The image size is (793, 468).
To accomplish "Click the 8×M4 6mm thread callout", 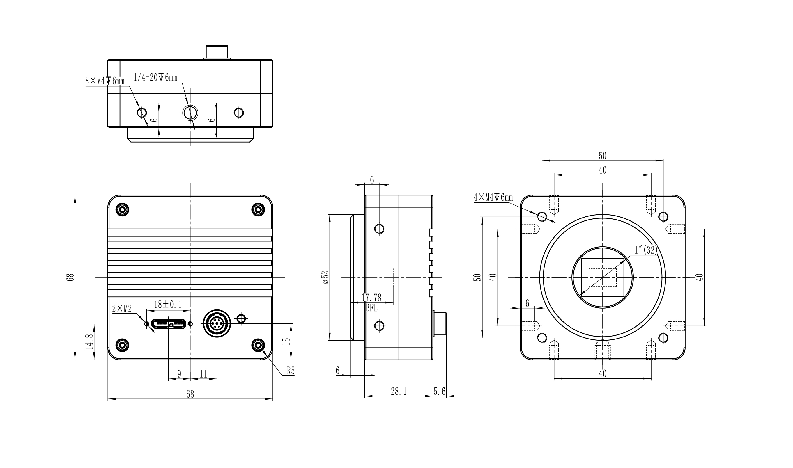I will click(105, 81).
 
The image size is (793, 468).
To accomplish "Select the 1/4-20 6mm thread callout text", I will click(155, 78).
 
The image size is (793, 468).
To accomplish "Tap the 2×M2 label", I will click(122, 309).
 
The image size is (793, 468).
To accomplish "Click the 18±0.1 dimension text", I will click(168, 305).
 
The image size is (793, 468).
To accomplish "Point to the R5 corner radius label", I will click(291, 371).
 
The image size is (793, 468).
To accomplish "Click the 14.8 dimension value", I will click(90, 342).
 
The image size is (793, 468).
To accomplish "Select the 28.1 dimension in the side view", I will click(399, 392).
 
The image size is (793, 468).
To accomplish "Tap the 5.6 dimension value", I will click(439, 392).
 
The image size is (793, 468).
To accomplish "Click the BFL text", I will click(371, 308).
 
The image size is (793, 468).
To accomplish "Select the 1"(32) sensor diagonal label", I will click(646, 250).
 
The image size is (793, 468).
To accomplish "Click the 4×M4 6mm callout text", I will click(493, 198).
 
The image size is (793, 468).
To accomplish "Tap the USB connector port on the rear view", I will click(168, 324).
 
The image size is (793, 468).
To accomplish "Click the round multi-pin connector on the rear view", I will click(217, 324).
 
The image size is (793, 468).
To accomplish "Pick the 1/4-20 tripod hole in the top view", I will click(190, 112).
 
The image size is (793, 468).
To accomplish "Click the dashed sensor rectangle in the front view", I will click(602, 277).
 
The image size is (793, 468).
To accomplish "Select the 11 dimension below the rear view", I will click(203, 374).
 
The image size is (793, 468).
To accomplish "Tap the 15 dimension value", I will click(286, 341).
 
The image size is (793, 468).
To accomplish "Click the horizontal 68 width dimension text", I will click(190, 394).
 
